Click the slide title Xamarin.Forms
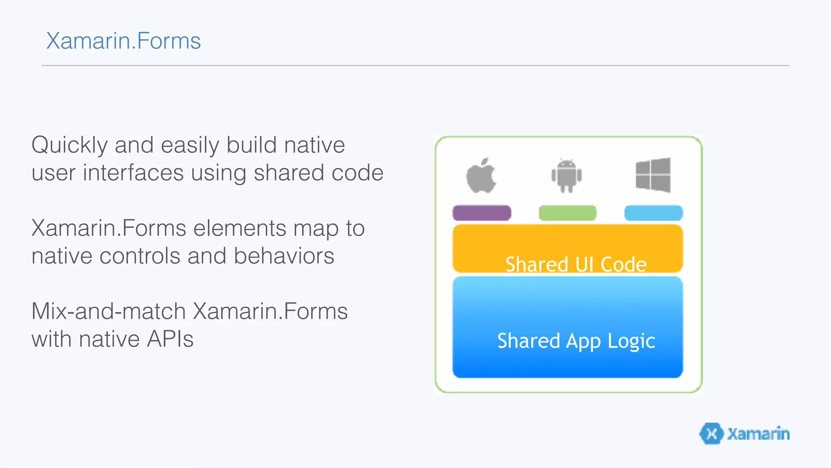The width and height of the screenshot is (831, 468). (123, 41)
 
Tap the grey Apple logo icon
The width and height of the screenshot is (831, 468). (481, 175)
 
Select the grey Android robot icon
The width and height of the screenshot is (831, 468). (566, 175)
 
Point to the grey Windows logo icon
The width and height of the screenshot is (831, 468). (653, 175)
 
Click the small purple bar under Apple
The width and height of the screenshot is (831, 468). (482, 213)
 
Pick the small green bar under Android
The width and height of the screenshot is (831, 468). (567, 213)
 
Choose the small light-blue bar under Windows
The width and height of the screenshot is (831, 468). (653, 213)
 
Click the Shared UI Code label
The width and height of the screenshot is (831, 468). (576, 264)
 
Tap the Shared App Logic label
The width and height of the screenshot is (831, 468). (576, 340)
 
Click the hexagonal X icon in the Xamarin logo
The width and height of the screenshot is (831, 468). (711, 433)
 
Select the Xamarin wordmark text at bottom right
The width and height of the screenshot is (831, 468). (758, 434)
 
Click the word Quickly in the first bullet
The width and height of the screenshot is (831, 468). (69, 145)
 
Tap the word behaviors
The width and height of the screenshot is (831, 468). (284, 256)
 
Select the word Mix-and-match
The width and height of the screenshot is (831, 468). (108, 311)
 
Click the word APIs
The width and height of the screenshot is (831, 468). (170, 339)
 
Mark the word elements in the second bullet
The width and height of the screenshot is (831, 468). (240, 228)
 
